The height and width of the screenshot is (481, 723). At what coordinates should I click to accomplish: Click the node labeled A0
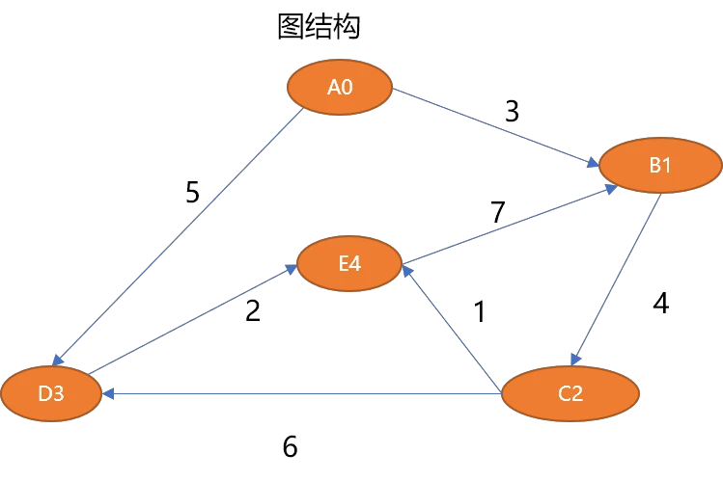[x=340, y=87]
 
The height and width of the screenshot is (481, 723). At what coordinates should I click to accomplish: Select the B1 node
[x=660, y=165]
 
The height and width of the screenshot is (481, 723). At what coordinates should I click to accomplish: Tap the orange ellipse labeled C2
[x=570, y=393]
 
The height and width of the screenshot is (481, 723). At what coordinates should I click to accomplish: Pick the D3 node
[x=51, y=393]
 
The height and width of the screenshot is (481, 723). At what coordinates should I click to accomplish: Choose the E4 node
[x=349, y=263]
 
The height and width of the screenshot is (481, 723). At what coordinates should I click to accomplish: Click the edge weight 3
[x=513, y=112]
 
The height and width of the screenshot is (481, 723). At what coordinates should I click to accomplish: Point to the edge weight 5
[x=192, y=192]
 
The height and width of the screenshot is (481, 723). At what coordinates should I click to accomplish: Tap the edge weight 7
[x=498, y=212]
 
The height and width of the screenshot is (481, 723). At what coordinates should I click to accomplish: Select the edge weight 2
[x=253, y=310]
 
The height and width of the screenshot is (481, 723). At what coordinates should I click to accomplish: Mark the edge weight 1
[x=480, y=311]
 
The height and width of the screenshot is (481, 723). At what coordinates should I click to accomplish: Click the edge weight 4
[x=661, y=304]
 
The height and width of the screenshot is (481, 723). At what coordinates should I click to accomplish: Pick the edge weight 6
[x=290, y=446]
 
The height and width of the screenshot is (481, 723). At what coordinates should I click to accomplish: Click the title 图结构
[x=319, y=26]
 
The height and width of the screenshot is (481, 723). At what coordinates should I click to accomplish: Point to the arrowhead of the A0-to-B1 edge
[x=593, y=163]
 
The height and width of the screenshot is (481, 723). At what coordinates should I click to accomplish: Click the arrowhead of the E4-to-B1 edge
[x=611, y=189]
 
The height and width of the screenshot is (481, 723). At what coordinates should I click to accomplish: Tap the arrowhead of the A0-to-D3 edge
[x=57, y=361]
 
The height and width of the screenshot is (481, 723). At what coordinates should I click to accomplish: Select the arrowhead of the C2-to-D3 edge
[x=108, y=393]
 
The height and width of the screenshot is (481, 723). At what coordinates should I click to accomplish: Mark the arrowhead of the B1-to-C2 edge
[x=576, y=360]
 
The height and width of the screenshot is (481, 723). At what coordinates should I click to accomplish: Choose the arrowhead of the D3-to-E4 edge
[x=291, y=269]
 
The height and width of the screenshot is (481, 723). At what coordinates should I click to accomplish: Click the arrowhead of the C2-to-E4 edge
[x=407, y=271]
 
